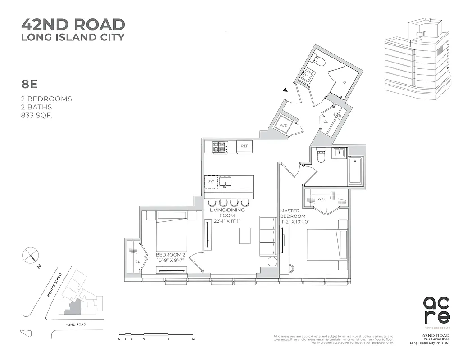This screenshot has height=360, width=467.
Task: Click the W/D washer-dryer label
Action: [284, 126]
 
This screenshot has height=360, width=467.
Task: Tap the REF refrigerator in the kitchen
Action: [245, 146]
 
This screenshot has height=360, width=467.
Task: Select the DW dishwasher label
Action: [211, 181]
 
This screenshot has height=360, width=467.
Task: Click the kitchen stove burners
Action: [219, 146]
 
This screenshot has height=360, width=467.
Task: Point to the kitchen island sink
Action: [226, 181]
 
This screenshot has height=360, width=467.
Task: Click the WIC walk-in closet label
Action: [321, 198]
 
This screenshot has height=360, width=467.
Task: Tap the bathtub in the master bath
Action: [355, 170]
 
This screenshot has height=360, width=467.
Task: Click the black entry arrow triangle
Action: [285, 90]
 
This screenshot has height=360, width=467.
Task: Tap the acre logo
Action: [436, 310]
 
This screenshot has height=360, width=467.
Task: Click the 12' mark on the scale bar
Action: [193, 338]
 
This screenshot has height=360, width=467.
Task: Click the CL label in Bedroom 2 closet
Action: [137, 261]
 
